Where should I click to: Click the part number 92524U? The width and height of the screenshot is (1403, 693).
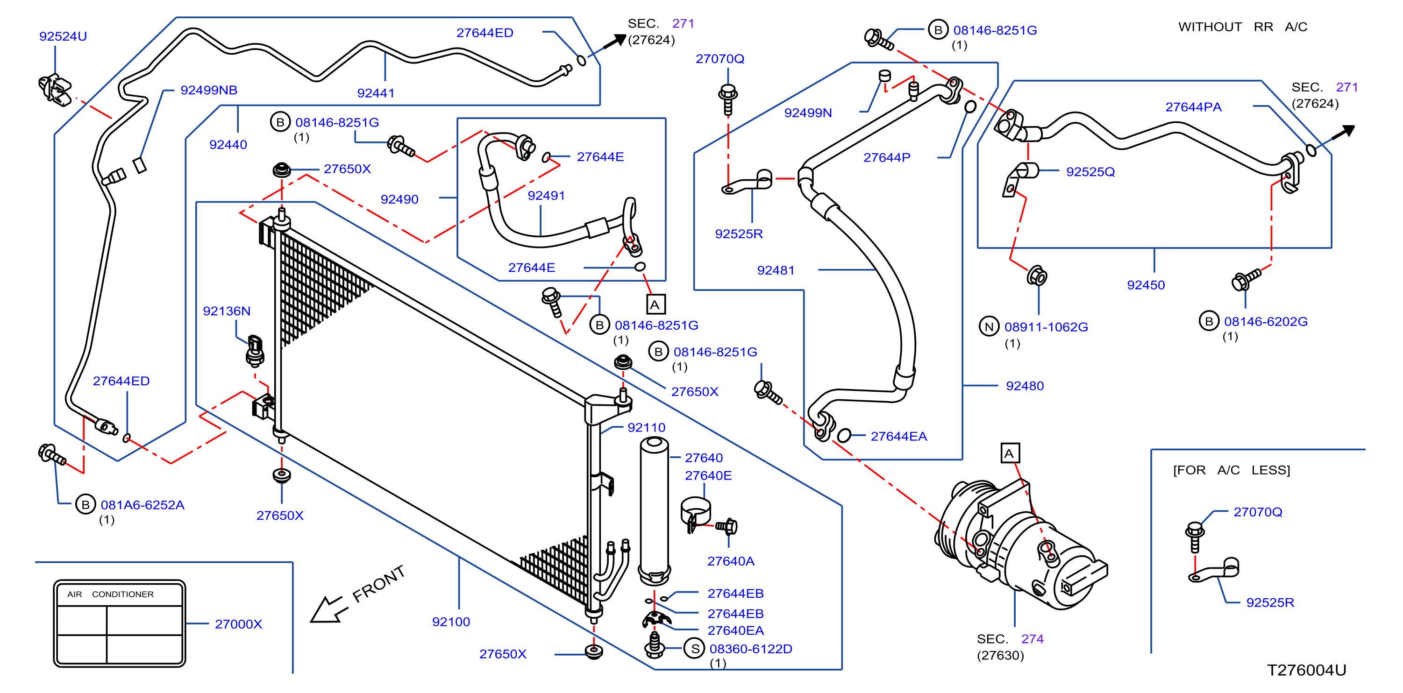63,36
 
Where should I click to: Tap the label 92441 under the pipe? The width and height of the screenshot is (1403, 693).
376,93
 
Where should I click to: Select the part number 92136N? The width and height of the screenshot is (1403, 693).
227,311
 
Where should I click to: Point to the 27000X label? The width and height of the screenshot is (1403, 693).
239,624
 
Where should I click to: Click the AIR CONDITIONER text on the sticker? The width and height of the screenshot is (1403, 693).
111,594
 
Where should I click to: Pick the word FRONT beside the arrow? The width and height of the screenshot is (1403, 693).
378,584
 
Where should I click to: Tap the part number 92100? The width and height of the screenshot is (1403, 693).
451,622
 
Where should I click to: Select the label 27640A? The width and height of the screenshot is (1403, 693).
731,561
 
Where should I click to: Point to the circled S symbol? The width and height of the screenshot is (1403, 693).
695,649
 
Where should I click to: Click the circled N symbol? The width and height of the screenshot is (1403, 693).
989,326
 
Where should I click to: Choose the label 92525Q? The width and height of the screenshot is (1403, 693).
1090,172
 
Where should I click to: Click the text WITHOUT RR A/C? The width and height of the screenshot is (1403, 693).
1243,27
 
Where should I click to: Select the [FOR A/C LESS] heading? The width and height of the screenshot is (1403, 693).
1232,470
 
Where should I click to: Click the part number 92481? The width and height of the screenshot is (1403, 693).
776,270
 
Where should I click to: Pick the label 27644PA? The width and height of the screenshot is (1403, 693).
1193,107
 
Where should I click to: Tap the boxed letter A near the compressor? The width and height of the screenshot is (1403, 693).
1009,453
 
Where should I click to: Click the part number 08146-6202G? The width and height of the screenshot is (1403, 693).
1266,322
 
